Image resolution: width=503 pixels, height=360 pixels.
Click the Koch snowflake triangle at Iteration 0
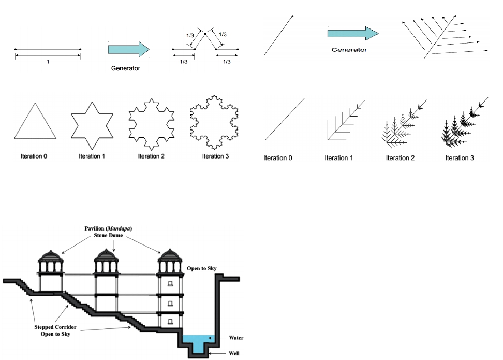tap(35, 122)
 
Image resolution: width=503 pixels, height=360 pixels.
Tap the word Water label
tap(235, 338)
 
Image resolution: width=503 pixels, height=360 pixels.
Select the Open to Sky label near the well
tap(202, 269)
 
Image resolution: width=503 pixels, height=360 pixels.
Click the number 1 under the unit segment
tap(48, 62)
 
